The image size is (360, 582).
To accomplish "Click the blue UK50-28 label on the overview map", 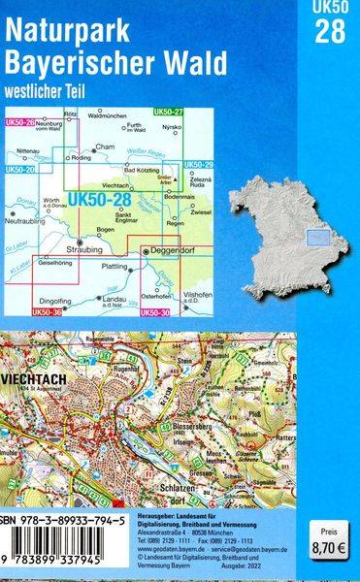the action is coord(104,199).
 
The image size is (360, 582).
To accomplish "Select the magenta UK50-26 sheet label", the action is coord(19,121).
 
